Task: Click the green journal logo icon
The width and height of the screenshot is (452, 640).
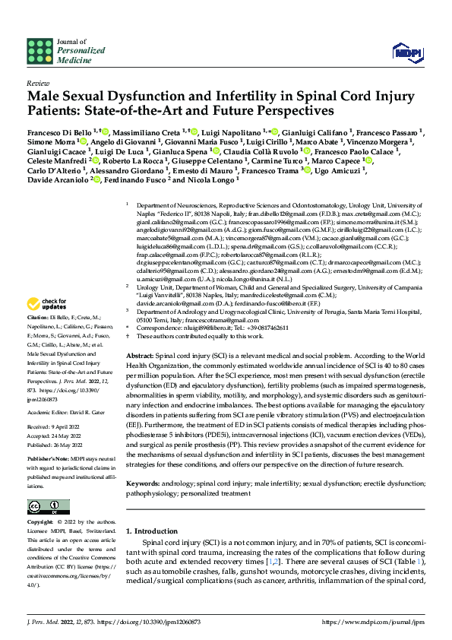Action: tap(38, 51)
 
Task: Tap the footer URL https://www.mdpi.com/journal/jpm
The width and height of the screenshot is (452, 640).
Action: tap(373, 621)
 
